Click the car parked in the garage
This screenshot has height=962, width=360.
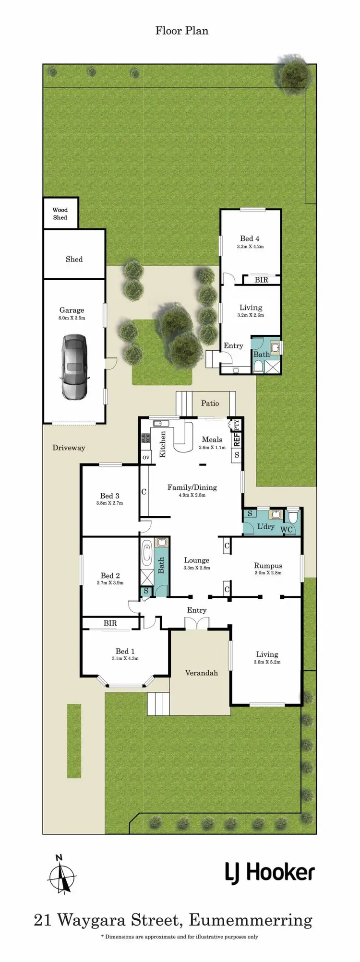pos(74,367)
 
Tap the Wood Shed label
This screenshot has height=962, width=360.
pos(60,214)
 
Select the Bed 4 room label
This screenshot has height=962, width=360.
pos(250,238)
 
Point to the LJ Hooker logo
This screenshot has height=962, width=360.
pos(270,873)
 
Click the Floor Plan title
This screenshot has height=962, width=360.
pos(182,31)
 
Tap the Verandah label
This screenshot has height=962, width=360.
pos(201,673)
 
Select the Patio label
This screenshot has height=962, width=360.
pos(210,403)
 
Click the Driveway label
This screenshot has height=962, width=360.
pos(69,448)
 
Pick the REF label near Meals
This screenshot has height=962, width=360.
pos(236,439)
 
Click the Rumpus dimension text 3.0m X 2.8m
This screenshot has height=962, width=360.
pos(268,573)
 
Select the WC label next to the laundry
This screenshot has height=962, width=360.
pos(286,530)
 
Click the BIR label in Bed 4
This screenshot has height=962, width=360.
pos(261,280)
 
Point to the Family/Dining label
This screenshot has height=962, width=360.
pos(192,487)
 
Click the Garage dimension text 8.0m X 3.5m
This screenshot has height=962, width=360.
pos(72,318)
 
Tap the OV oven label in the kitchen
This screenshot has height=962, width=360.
pos(146,457)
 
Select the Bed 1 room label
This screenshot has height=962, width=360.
pos(125,651)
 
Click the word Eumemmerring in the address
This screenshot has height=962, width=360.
pos(251,920)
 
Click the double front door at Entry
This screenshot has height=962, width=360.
pos(197,623)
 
